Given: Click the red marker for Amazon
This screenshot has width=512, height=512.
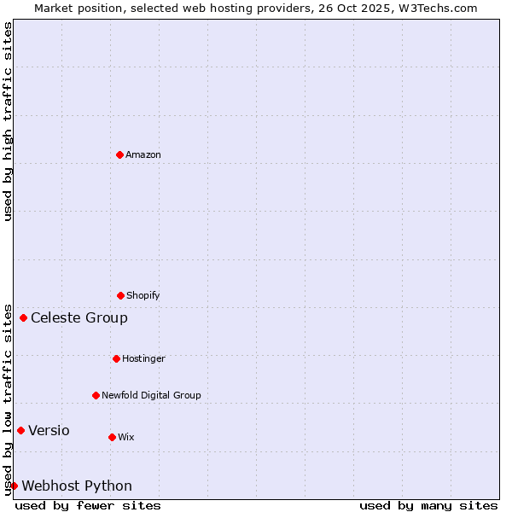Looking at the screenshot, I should tap(119, 154).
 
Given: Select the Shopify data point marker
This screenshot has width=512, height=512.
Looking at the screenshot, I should tap(120, 295).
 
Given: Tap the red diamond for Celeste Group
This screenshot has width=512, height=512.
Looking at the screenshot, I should tap(23, 317).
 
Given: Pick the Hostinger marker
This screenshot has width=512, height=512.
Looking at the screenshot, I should tap(116, 358).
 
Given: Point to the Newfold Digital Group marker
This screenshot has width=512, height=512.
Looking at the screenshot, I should tap(96, 395).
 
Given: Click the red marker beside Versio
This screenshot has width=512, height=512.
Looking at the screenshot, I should tap(20, 430).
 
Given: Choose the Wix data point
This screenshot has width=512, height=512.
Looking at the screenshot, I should tap(112, 437).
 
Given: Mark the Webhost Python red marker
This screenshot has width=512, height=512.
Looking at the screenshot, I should tap(14, 486).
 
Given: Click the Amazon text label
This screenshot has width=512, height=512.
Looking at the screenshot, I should tap(143, 154).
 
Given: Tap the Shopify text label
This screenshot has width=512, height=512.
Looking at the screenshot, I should tap(143, 295).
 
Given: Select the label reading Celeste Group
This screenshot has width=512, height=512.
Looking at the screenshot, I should tap(79, 317).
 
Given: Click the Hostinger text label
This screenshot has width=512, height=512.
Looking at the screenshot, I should tap(143, 358).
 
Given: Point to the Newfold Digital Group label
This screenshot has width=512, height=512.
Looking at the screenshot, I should tap(151, 395).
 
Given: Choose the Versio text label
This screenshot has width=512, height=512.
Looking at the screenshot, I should tap(49, 430).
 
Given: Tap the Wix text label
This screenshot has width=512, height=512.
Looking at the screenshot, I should tap(126, 437).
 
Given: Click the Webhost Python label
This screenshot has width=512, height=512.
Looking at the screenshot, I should tap(77, 486).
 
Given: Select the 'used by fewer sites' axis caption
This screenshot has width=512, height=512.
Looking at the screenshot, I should tap(88, 505).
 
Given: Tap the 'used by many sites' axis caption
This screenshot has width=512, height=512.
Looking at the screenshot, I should tap(428, 505).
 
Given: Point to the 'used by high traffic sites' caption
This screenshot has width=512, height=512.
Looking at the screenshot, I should tap(8, 121).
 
